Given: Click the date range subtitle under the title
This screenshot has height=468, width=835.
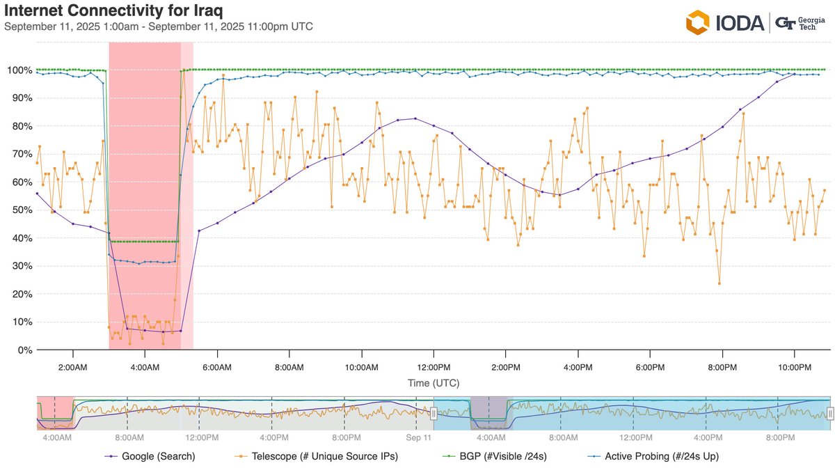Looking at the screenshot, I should (x=158, y=26).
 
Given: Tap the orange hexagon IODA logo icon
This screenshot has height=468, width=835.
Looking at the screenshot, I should (x=697, y=22).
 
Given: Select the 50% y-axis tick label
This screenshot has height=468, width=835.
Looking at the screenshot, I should (x=18, y=210).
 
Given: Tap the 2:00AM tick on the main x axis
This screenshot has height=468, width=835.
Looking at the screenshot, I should (x=73, y=366).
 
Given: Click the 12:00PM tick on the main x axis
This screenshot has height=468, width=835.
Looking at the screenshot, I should (x=433, y=366).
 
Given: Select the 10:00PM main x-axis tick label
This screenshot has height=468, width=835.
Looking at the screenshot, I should (x=794, y=366).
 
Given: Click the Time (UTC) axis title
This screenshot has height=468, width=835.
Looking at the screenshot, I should (x=433, y=383).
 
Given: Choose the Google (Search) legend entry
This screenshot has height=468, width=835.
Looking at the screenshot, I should (x=150, y=457).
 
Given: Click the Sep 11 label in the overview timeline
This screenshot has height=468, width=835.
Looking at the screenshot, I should (x=418, y=437).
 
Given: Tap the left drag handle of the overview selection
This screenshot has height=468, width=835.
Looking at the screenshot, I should (x=434, y=413).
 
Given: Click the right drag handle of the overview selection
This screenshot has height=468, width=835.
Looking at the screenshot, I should (x=829, y=413).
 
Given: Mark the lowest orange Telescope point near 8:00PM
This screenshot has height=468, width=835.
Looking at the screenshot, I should (x=719, y=283).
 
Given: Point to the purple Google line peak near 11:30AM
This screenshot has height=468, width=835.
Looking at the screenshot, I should (x=415, y=118).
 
